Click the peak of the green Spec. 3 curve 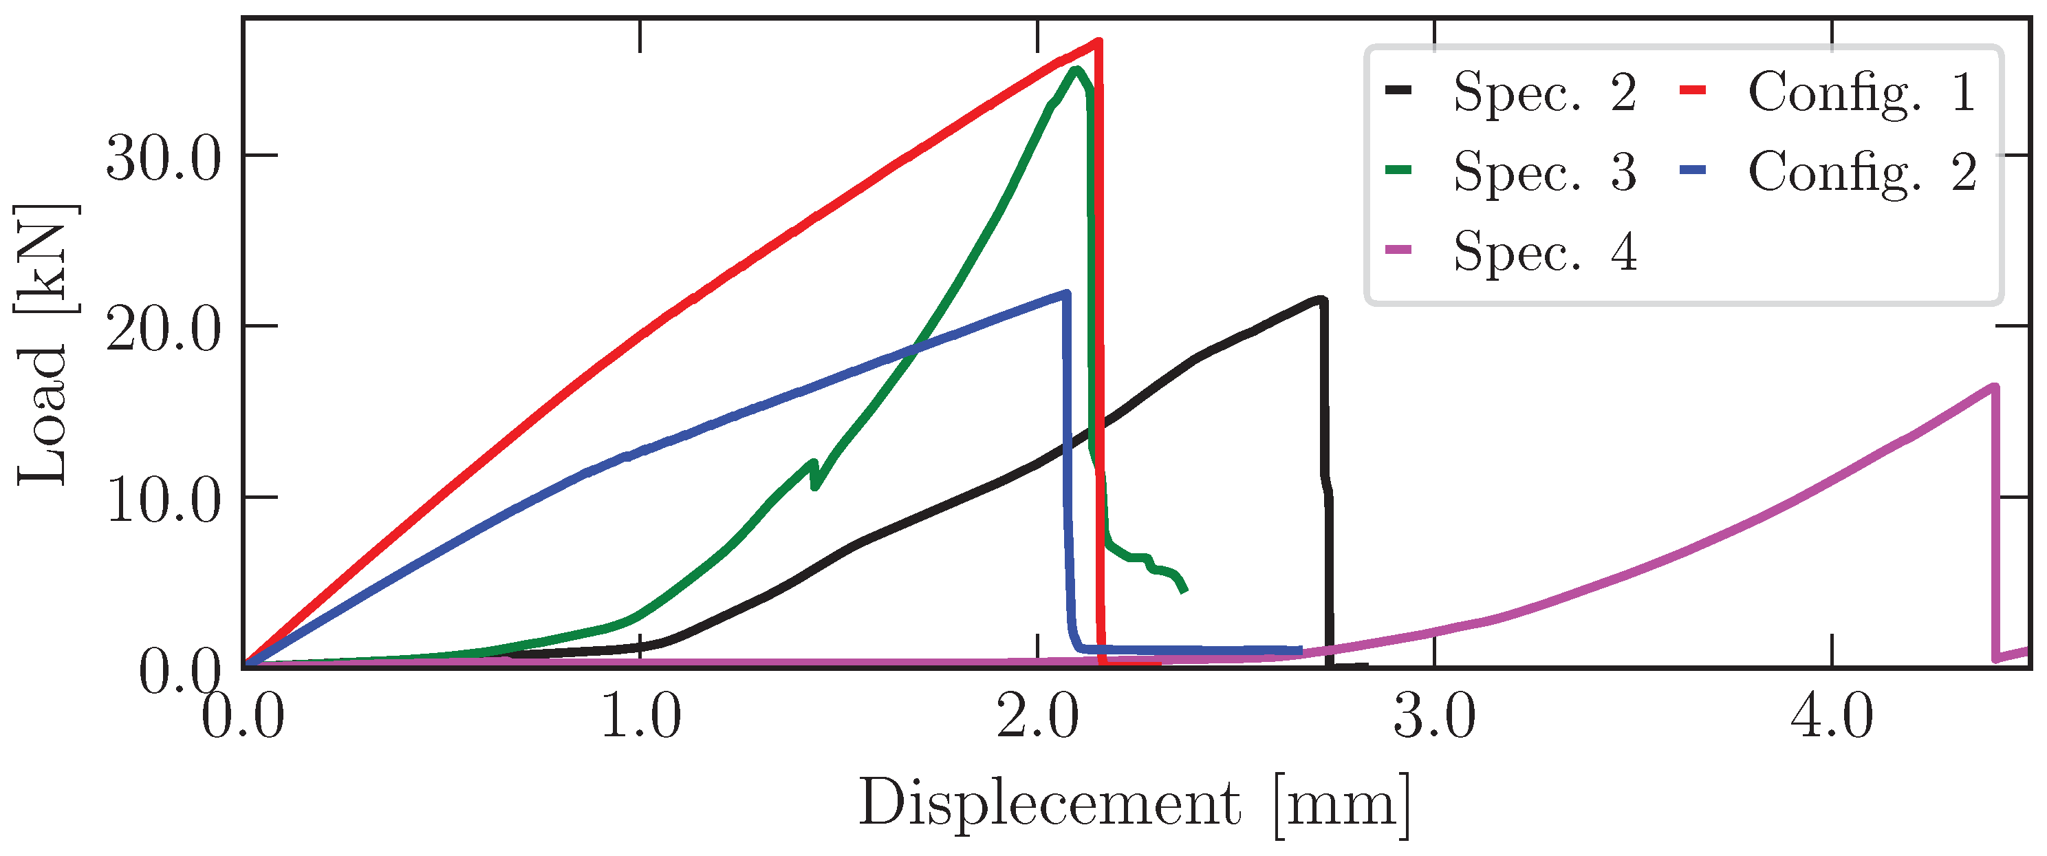point(1076,70)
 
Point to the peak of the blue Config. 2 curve point(1065,293)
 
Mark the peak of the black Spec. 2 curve point(1321,299)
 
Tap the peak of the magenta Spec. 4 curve point(1993,387)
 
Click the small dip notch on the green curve point(814,486)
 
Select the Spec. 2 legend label point(1544,92)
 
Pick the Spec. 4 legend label point(1544,252)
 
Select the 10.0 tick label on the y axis point(163,499)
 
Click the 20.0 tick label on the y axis point(163,328)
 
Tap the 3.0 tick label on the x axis point(1435,717)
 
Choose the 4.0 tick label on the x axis point(1832,717)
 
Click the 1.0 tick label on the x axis point(640,717)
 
